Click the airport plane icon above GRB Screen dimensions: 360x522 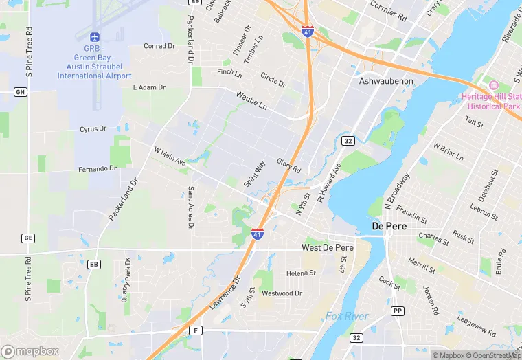pos(95,36)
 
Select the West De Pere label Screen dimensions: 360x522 pos(327,247)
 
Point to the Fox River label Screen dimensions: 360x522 pos(347,317)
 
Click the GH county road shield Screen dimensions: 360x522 pos(20,91)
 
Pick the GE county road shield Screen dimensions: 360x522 pos(27,238)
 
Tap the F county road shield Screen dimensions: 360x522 pos(197,330)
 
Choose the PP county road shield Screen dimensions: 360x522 pos(397,311)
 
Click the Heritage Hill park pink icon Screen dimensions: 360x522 pos(492,85)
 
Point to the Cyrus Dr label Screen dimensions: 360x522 pos(93,128)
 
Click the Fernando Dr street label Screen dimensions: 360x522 pos(97,169)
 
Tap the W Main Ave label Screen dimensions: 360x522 pos(170,159)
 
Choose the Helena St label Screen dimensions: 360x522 pos(301,273)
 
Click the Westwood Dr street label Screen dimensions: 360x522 pos(282,293)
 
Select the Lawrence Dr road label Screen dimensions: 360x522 pos(225,291)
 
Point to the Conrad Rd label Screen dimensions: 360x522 pos(159,46)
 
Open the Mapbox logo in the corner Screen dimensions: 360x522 pos(30,351)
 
